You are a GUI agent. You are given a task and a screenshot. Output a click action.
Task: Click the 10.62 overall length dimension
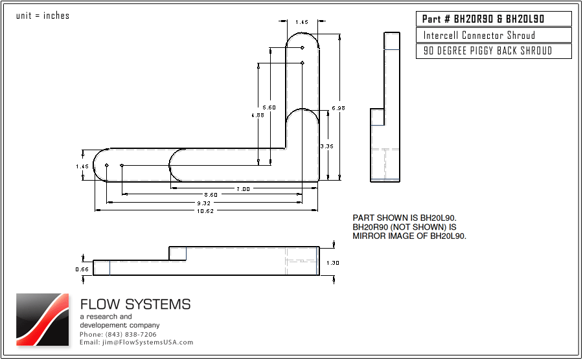coord(207,210)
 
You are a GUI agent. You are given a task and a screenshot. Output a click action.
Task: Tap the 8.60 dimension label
coord(211,195)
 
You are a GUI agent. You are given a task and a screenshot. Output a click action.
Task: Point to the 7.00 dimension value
coord(243,188)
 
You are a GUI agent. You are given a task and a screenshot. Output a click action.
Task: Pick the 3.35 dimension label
coord(326,146)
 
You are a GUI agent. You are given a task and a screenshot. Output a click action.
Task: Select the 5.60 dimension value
coord(269,107)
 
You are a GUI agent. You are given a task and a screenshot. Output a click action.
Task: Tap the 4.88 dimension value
coord(257,115)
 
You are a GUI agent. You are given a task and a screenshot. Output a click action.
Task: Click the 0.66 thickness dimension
coord(82,269)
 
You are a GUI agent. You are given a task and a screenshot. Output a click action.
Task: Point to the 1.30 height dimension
coord(332,263)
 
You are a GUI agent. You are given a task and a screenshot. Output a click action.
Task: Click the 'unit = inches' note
coord(43,16)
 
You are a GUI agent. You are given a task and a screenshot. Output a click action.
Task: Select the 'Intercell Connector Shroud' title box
coord(494,36)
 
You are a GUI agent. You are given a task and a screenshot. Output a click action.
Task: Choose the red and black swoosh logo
coord(42,319)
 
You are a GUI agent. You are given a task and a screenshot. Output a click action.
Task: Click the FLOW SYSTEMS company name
coord(135,304)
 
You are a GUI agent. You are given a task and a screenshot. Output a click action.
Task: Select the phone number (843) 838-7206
coord(118,334)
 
